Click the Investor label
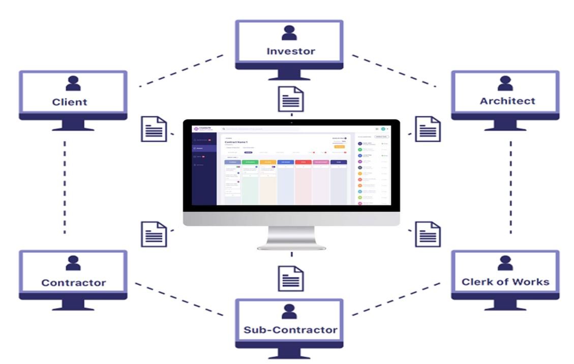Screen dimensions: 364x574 (290, 51)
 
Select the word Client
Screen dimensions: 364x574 (70, 102)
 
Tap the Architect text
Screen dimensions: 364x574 (507, 101)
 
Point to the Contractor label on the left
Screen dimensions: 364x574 (74, 283)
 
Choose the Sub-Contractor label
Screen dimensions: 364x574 (290, 330)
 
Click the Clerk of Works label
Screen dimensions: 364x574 (505, 282)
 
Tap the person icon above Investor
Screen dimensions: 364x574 (290, 33)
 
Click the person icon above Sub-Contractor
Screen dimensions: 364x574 (289, 312)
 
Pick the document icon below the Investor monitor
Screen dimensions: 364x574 (291, 99)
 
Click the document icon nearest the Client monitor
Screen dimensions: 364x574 (154, 129)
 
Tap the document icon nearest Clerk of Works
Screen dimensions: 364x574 (428, 234)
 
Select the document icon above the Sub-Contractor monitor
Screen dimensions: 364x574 (291, 278)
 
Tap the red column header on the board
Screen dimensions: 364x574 (303, 162)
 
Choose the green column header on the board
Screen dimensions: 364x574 (250, 162)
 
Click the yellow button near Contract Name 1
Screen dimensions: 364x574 (339, 147)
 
